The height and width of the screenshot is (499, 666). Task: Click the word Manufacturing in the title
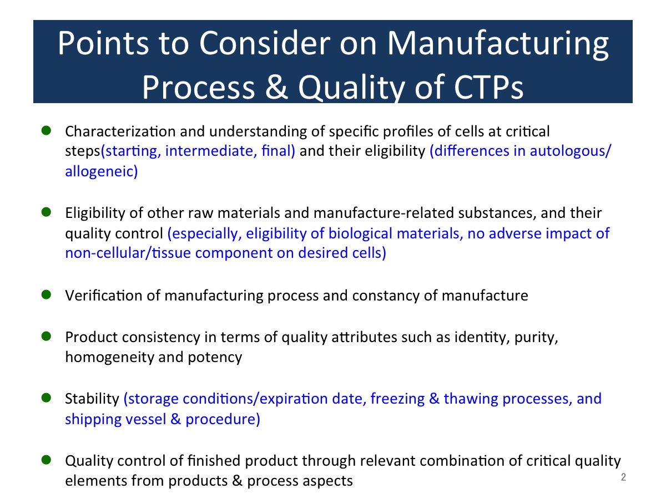tap(498, 44)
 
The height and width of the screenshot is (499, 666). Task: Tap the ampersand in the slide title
tap(276, 87)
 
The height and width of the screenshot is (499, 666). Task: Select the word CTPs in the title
tap(488, 88)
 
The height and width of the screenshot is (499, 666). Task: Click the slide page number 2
tap(623, 477)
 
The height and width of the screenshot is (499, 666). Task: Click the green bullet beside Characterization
tap(46, 131)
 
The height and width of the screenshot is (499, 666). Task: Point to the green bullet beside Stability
tap(46, 398)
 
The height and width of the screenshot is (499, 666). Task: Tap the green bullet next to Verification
tap(46, 294)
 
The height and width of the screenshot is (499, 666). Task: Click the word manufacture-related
tap(384, 213)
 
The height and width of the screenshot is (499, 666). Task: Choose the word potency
tap(215, 358)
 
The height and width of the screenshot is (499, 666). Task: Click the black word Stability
tap(92, 399)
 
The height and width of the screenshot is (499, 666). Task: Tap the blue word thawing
tap(471, 399)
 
